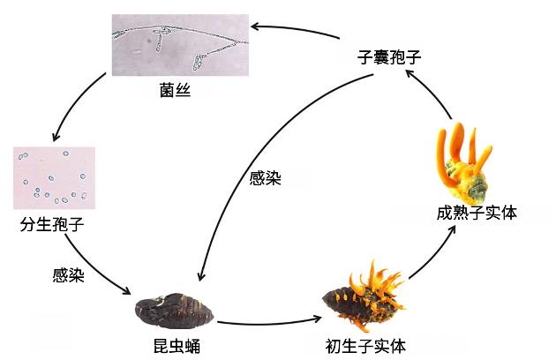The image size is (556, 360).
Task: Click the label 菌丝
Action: [x=175, y=90]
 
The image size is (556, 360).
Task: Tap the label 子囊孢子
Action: [x=389, y=56]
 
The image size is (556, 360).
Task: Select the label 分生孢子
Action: [x=52, y=224]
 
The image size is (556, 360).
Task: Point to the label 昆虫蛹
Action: [x=177, y=346]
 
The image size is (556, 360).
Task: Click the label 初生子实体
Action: [x=365, y=346]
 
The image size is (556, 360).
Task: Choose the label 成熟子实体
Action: [x=477, y=213]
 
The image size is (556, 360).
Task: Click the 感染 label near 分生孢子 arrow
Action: [x=69, y=275]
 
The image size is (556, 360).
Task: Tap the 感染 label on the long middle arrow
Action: [x=266, y=178]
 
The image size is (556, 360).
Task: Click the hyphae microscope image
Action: [x=180, y=45]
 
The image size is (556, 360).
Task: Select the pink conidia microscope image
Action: [x=54, y=178]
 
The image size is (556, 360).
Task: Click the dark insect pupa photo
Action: [x=174, y=311]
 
